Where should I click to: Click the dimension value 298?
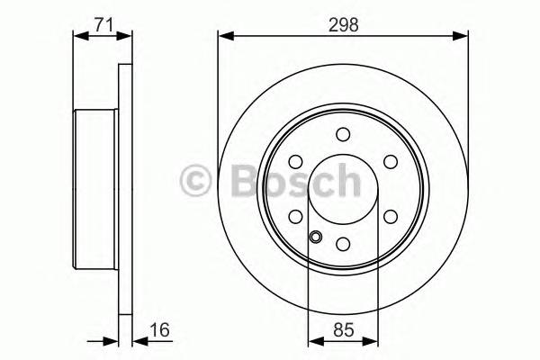tap(344, 25)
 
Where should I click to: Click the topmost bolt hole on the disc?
tap(343, 135)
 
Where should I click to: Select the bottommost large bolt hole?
tap(343, 244)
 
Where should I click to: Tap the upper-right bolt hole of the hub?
tap(390, 162)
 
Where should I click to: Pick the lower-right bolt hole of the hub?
tap(390, 217)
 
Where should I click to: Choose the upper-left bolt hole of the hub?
tap(296, 162)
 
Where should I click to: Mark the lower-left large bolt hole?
tap(296, 217)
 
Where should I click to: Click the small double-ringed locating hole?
tap(316, 238)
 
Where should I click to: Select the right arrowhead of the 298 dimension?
tap(463, 37)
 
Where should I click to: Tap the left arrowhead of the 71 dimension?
tap(78, 37)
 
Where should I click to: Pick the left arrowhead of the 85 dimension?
tap(314, 342)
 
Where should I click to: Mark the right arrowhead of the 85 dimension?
tap(372, 342)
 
